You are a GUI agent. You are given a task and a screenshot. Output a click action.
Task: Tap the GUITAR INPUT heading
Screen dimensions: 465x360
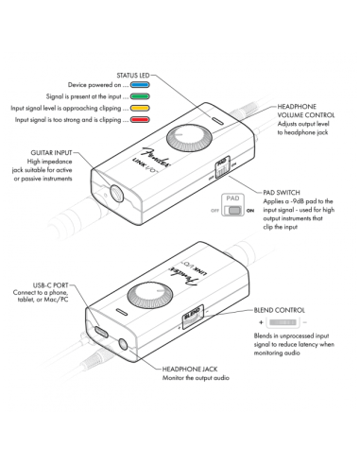pos(44,150)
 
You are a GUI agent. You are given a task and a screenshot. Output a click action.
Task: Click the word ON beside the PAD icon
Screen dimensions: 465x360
pos(249,212)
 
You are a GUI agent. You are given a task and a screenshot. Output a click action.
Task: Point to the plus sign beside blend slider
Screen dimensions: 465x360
pos(258,323)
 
